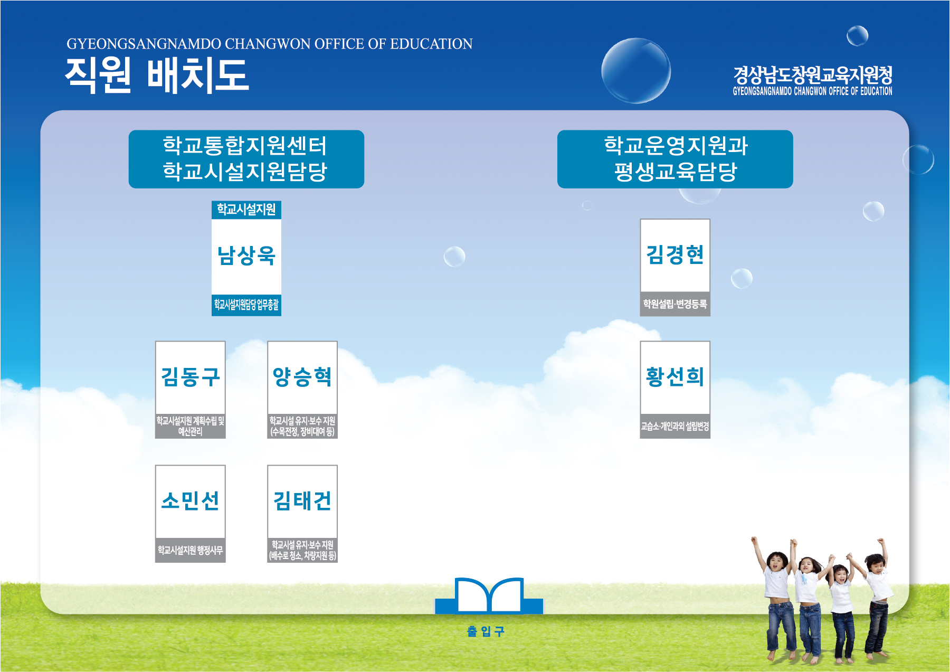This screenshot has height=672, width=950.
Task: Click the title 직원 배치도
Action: coord(157,75)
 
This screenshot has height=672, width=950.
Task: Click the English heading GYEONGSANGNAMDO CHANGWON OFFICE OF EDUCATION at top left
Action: coord(270,44)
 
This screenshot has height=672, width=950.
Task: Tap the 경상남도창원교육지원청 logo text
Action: coord(812,75)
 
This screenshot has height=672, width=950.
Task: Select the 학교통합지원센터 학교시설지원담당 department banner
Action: coord(246,159)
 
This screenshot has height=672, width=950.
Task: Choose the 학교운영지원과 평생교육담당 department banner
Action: coord(675,159)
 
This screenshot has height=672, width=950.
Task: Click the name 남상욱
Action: coord(246,255)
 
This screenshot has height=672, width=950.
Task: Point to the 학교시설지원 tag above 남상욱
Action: coord(246,210)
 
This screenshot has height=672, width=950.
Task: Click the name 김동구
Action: coord(191,377)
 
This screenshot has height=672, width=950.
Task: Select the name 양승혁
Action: coord(302,377)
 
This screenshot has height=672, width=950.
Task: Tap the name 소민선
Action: coord(191,500)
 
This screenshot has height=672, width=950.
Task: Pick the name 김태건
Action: coord(302,500)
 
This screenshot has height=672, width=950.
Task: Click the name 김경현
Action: coord(675,254)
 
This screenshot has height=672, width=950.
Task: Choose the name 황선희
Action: coord(675,377)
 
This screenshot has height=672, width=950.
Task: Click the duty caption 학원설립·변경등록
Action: coord(675,304)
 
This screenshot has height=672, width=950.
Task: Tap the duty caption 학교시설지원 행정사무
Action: coord(191,550)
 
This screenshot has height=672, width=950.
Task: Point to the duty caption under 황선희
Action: coord(675,426)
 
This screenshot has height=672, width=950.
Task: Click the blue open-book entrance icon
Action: coord(489,596)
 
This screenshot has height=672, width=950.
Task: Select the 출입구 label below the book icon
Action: coord(486,631)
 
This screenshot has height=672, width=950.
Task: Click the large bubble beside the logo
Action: coord(636,71)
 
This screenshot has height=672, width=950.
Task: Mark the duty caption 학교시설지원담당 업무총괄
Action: coord(246,305)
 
